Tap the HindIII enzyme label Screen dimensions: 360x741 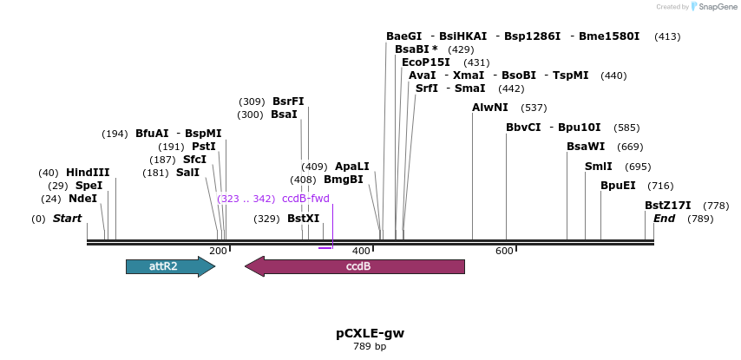[88, 172]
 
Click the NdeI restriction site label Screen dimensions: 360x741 [82, 199]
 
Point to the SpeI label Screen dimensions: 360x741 [89, 186]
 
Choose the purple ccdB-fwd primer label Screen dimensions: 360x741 [305, 199]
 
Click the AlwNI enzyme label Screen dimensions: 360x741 [490, 108]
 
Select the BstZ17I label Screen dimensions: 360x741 [667, 206]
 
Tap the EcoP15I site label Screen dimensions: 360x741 [426, 62]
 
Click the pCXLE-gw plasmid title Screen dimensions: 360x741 [370, 333]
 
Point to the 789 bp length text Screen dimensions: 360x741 [370, 347]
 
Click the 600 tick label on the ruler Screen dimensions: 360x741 [504, 251]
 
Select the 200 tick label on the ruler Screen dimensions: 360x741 [218, 251]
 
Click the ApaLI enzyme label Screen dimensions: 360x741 [351, 167]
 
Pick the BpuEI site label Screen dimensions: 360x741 [618, 186]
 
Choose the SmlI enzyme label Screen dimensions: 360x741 [598, 167]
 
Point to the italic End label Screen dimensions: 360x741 [664, 219]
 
